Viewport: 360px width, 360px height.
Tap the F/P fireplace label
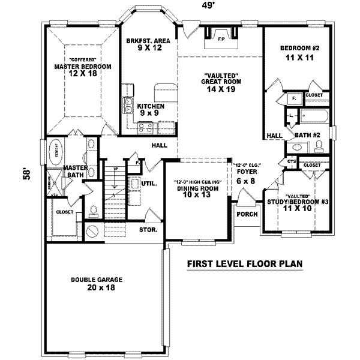pyautogui.click(x=221, y=39)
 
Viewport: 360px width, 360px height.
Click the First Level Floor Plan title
pyautogui.click(x=244, y=263)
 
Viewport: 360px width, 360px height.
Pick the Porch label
pyautogui.click(x=247, y=214)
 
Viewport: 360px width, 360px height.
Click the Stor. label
pyautogui.click(x=149, y=229)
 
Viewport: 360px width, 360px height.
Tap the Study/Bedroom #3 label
pyautogui.click(x=298, y=202)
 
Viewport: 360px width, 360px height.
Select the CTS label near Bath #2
pyautogui.click(x=292, y=161)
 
